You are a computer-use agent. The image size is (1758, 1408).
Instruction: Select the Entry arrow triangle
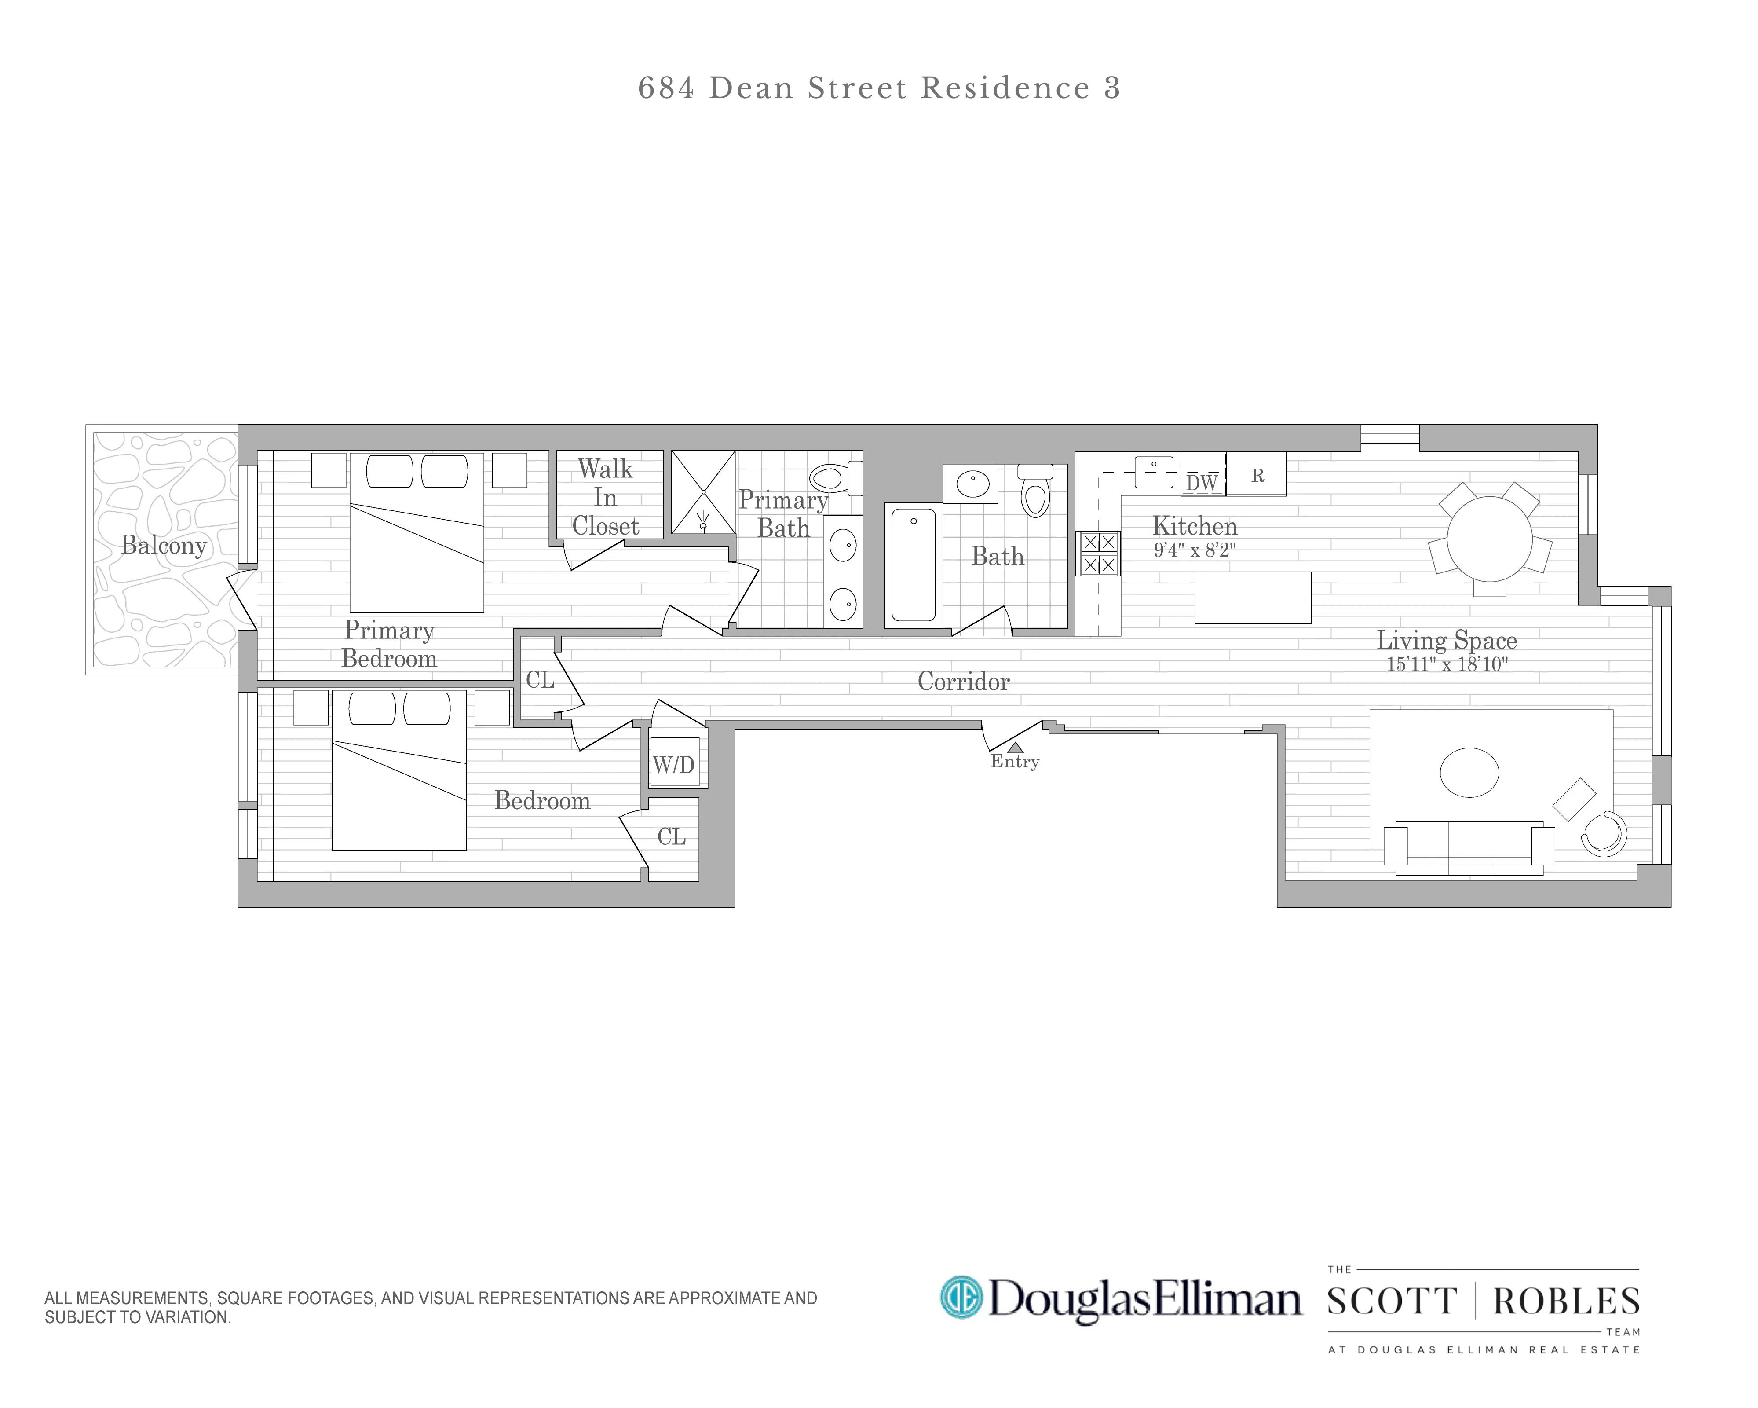(1015, 747)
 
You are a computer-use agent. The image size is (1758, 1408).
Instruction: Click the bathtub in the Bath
(913, 565)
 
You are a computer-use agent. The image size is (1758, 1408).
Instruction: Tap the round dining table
(1489, 539)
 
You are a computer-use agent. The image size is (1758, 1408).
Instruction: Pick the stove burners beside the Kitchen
(1098, 553)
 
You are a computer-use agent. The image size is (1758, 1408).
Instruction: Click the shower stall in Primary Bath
(703, 493)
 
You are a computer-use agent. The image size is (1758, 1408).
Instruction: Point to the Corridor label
(963, 681)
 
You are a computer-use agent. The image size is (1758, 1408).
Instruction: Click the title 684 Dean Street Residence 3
(879, 88)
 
